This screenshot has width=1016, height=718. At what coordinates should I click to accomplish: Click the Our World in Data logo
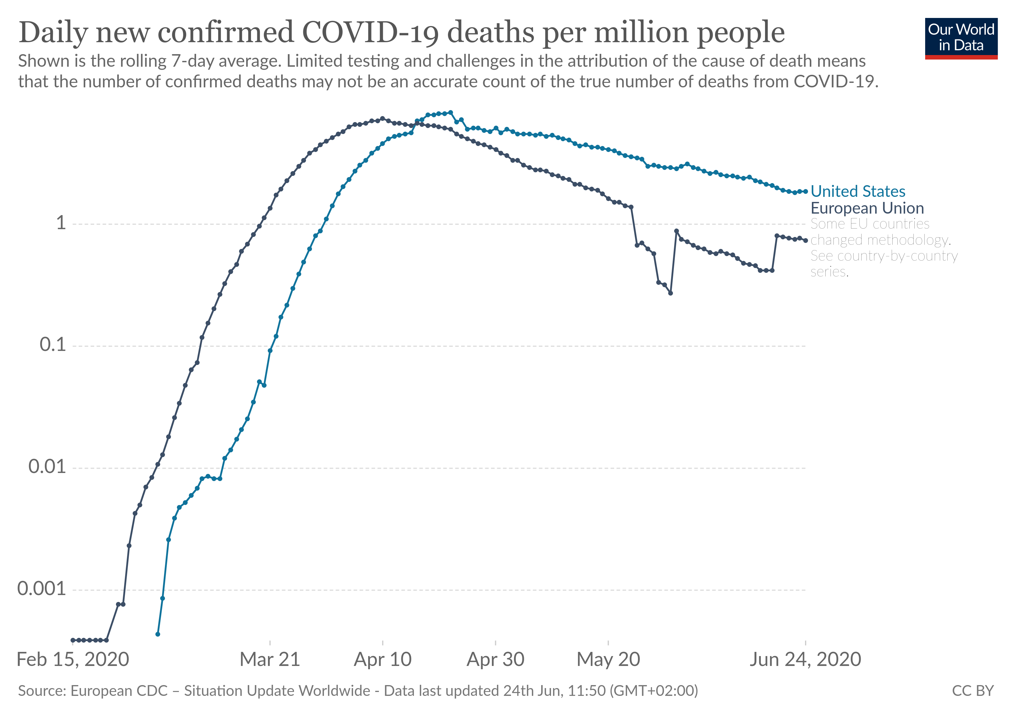961,38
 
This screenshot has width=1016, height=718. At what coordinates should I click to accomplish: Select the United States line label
858,191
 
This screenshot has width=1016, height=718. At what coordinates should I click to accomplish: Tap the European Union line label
867,208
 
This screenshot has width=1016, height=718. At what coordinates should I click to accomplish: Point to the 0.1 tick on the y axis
53,345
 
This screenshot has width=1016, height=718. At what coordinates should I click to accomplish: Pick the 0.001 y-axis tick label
41,589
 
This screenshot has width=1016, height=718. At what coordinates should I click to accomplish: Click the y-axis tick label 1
61,223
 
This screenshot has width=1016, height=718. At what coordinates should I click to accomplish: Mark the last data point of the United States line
805,192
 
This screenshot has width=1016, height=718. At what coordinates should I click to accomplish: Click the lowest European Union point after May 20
670,293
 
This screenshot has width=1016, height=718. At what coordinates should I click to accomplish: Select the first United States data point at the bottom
157,634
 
